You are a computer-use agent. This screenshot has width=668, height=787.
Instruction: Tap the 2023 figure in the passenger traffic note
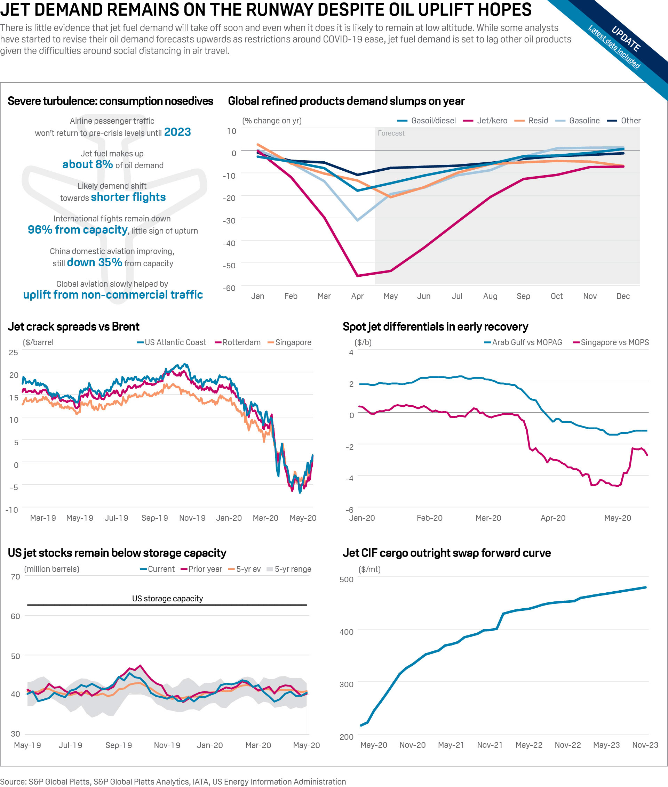click(x=177, y=132)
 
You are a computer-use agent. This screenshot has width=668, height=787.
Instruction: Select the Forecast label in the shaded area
click(x=391, y=133)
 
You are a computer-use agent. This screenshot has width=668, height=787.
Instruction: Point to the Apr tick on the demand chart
click(x=357, y=296)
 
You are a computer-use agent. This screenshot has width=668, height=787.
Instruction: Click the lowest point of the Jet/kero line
click(x=357, y=276)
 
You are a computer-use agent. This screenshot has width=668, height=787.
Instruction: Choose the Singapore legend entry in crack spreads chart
click(x=293, y=342)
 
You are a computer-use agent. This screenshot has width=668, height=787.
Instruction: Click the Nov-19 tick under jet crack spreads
click(x=192, y=518)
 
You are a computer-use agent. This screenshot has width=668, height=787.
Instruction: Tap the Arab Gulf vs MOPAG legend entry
click(x=526, y=342)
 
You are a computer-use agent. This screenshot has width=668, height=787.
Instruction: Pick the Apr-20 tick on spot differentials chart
click(x=553, y=518)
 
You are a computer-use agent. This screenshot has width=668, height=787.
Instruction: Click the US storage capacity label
click(x=167, y=599)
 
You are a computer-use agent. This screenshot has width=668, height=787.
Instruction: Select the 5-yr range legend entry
click(x=292, y=569)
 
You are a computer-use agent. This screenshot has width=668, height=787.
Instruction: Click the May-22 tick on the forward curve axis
click(x=528, y=745)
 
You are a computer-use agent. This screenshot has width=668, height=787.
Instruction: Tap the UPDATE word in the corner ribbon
click(x=626, y=39)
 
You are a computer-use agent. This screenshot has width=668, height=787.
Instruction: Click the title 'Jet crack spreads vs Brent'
click(x=73, y=326)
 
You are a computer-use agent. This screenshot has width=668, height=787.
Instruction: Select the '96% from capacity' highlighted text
click(x=78, y=230)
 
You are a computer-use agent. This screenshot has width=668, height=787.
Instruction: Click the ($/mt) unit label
click(x=369, y=569)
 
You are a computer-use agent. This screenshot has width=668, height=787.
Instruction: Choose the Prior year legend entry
click(x=205, y=569)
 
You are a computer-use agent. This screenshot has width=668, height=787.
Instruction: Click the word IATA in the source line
click(x=200, y=781)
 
